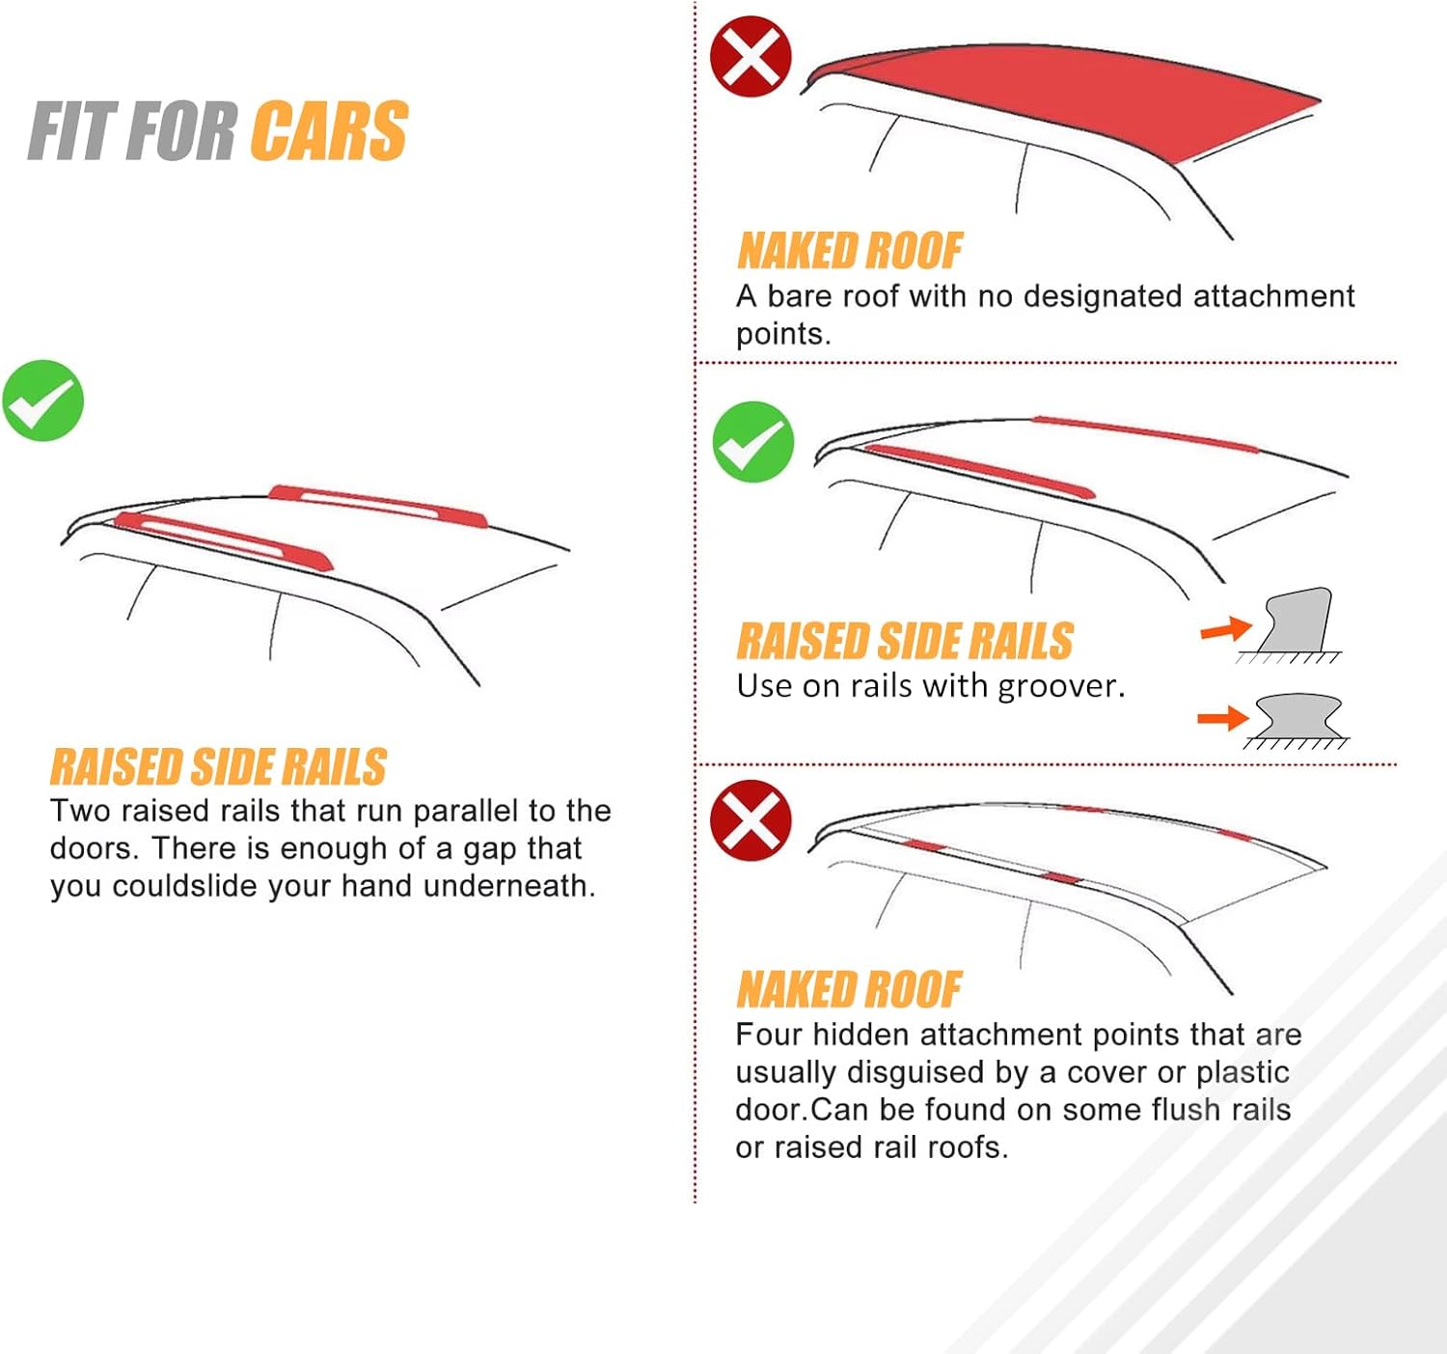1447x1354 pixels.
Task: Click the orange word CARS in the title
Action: pos(330,130)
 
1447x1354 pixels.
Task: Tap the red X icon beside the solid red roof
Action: pos(751,56)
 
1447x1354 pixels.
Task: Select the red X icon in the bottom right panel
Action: pos(751,820)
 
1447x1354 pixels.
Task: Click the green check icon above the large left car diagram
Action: pos(43,401)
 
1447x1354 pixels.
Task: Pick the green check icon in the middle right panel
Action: pos(752,442)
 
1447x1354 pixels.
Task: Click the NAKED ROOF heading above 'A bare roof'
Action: pos(849,251)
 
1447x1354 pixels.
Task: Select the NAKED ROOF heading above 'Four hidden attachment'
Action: pos(849,989)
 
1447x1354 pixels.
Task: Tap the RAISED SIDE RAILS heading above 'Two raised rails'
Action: pos(218,767)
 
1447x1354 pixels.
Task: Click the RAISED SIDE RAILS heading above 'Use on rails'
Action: pos(905,641)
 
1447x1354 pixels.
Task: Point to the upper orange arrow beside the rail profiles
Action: pos(1225,630)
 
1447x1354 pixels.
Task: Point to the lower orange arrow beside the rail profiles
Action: pos(1222,718)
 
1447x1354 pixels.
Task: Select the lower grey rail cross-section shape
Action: pos(1298,717)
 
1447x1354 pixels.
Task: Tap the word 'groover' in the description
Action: pos(1060,686)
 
